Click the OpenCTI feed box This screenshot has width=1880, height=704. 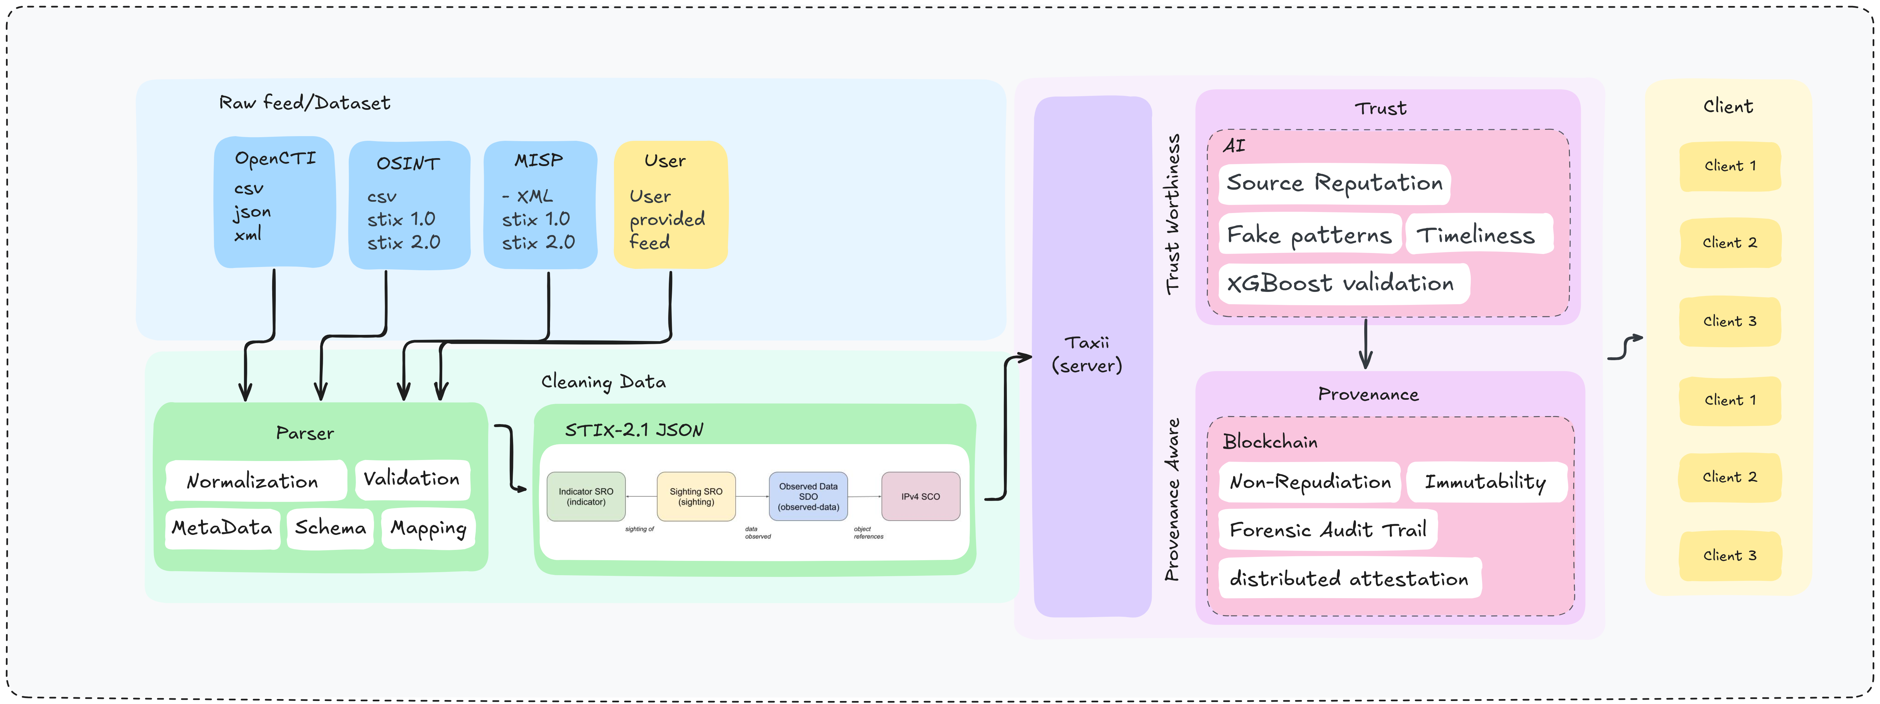pyautogui.click(x=275, y=202)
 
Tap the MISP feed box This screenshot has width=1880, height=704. pyautogui.click(x=540, y=204)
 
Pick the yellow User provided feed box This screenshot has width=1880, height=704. pyautogui.click(x=670, y=204)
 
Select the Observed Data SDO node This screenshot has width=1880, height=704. pyautogui.click(x=808, y=497)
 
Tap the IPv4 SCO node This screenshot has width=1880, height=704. pyautogui.click(x=920, y=497)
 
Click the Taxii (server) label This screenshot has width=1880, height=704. pyautogui.click(x=1087, y=354)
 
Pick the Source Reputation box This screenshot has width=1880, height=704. pyautogui.click(x=1334, y=183)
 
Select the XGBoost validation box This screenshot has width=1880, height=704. pyautogui.click(x=1341, y=283)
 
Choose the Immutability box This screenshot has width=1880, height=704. pyautogui.click(x=1486, y=482)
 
